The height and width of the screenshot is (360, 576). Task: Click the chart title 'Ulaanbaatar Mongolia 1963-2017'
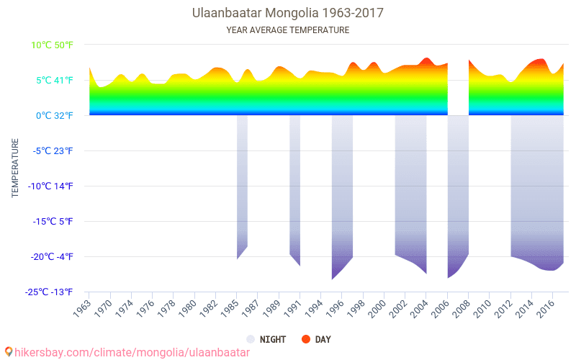tap(287, 13)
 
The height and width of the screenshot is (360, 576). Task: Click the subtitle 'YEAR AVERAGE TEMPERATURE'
tap(287, 30)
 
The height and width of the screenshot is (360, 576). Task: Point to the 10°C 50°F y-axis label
tap(52, 45)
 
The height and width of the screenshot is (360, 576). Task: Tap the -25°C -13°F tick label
tap(50, 292)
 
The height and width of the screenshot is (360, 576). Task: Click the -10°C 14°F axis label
tap(50, 186)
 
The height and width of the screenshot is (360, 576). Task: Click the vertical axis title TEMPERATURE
tap(15, 168)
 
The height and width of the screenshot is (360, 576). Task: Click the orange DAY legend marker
tap(305, 339)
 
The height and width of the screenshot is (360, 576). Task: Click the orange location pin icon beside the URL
tap(9, 352)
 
